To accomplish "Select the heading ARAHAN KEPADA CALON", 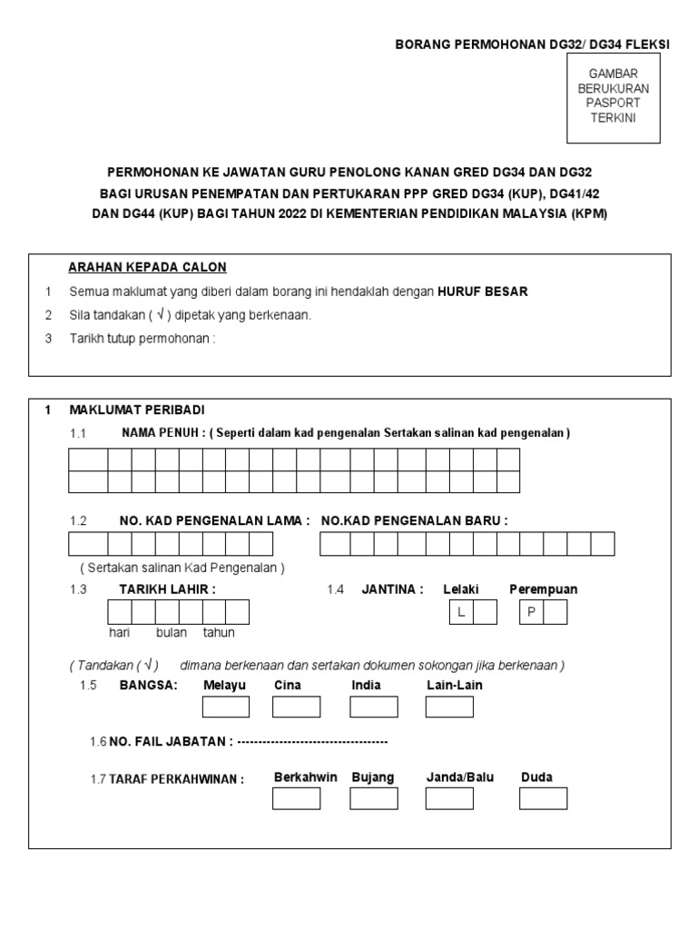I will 148,267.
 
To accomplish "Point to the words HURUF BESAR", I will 482,292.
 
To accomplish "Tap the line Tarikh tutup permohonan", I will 143,339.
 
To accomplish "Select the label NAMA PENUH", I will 162,432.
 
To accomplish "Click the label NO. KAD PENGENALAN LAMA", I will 214,520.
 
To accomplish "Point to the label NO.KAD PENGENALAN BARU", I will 415,520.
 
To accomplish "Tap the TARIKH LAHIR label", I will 167,589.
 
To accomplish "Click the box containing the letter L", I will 461,612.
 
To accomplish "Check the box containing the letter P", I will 531,612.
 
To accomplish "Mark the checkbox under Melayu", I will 224,707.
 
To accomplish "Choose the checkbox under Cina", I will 297,707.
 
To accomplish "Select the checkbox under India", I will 373,707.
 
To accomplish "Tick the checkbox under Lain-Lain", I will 449,707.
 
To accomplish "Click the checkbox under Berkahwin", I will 297,798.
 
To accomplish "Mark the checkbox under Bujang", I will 373,798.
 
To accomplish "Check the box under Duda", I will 543,798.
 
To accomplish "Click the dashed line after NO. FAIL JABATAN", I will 312,742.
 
